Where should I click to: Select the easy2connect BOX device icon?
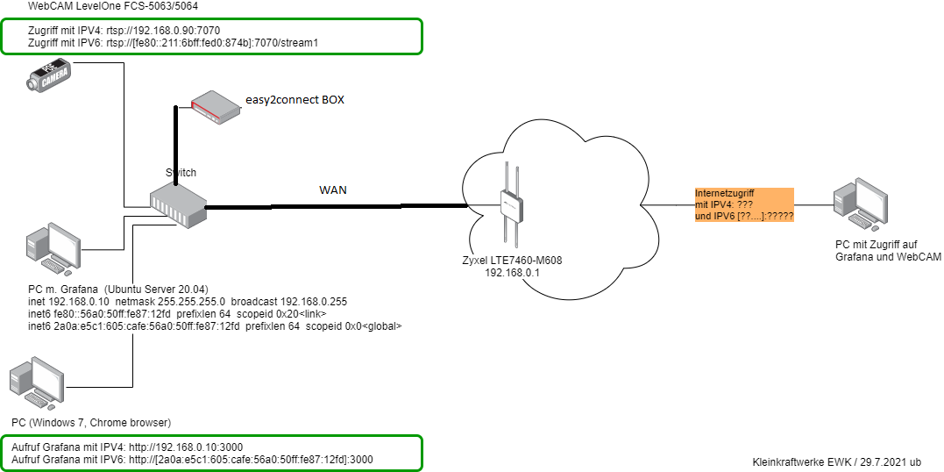[x=216, y=104]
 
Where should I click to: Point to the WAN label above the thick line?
[x=332, y=190]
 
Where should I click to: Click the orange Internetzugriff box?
[x=743, y=204]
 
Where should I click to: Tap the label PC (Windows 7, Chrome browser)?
[x=91, y=422]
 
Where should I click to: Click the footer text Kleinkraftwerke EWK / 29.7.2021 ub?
[x=835, y=461]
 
